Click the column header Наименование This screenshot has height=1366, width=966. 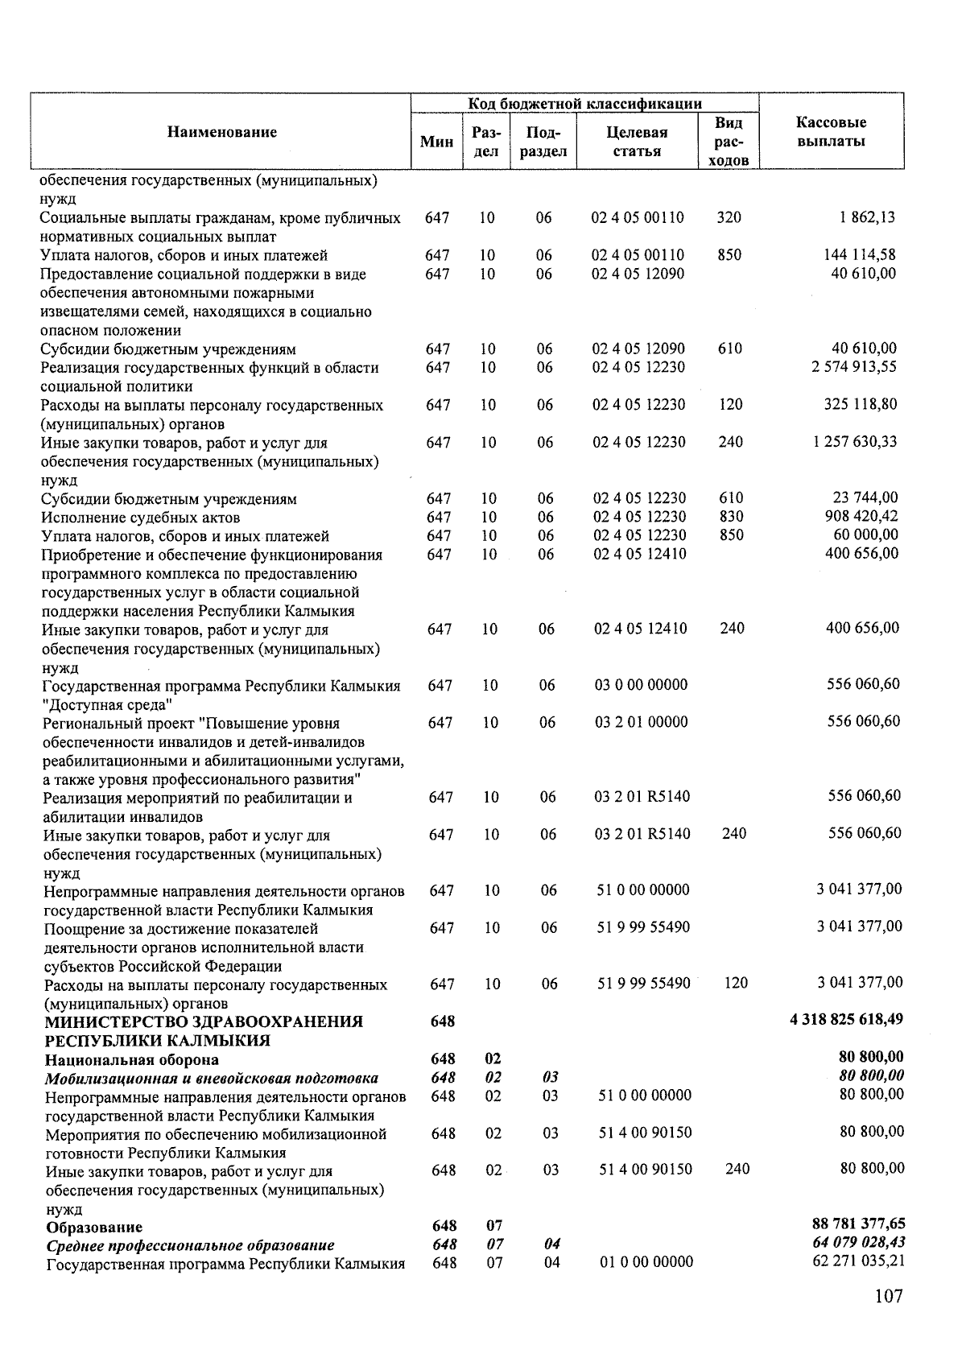(222, 133)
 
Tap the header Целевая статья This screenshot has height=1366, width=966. (637, 142)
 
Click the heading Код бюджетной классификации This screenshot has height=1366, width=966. (585, 104)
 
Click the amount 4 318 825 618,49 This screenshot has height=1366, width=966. (847, 1020)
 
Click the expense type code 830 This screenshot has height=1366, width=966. (731, 517)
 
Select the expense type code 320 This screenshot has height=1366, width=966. (729, 217)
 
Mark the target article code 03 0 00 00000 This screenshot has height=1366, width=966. (642, 685)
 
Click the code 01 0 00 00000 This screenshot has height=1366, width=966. (646, 1262)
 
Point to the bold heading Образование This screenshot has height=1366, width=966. (94, 1228)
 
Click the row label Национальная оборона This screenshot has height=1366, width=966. (131, 1059)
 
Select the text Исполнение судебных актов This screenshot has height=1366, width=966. (141, 518)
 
